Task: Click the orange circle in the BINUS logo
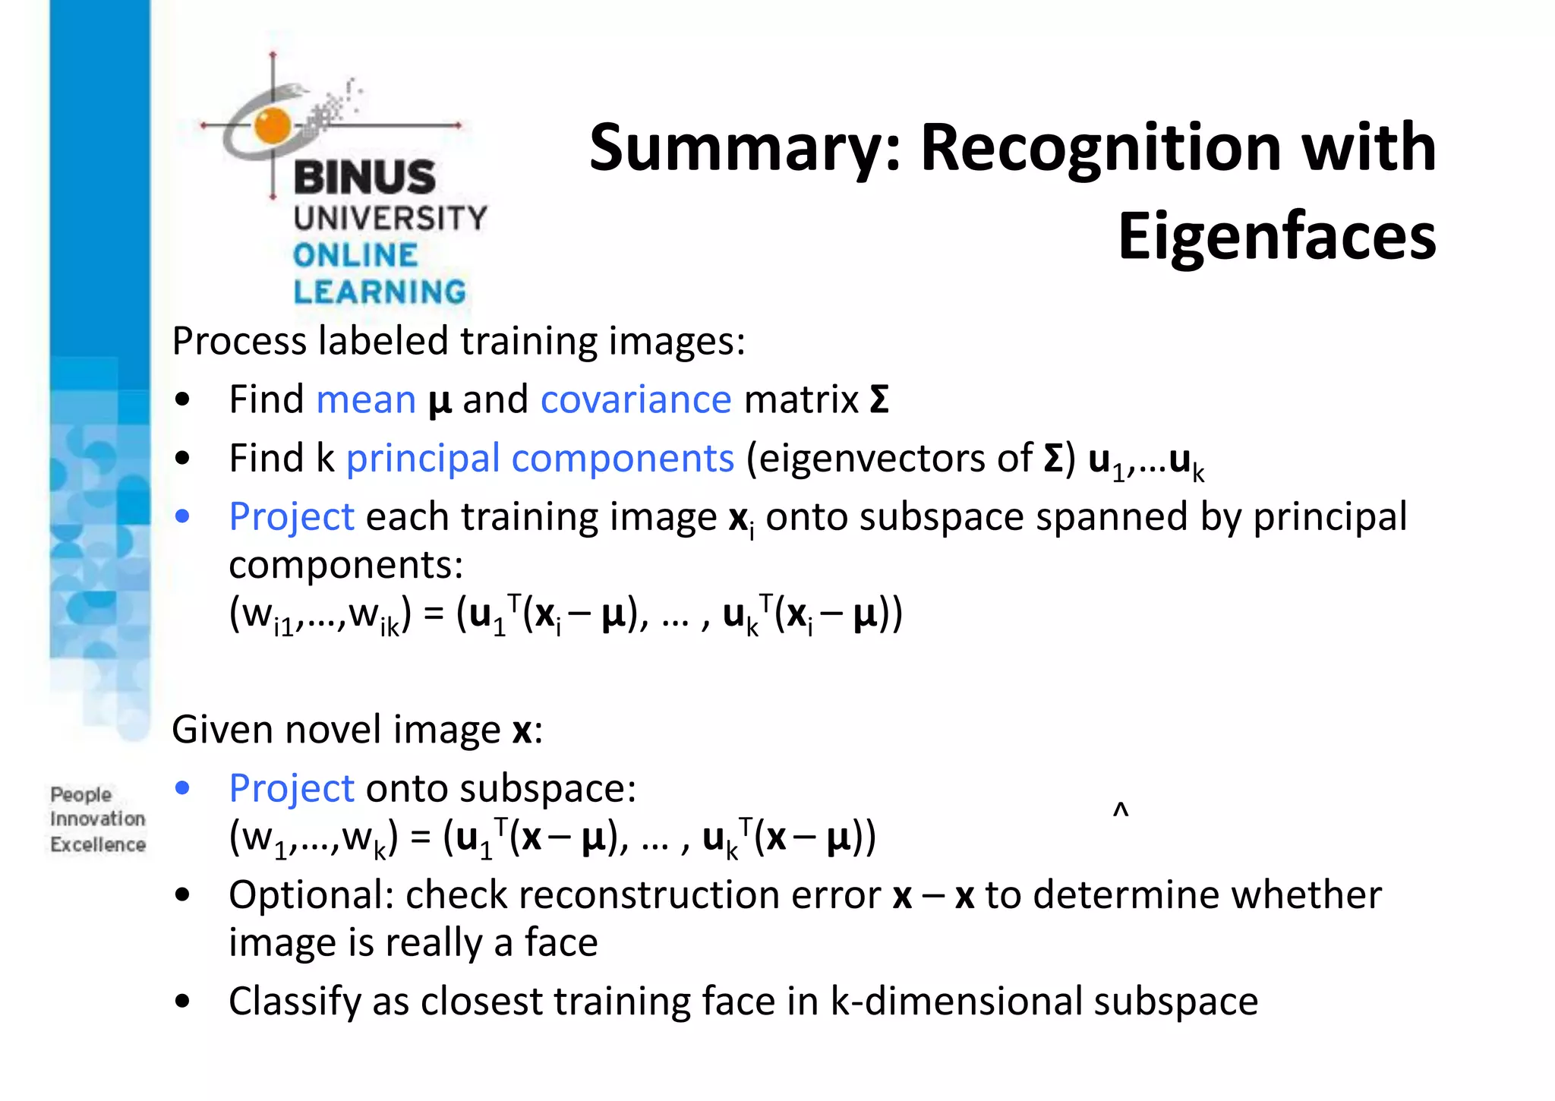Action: pyautogui.click(x=273, y=126)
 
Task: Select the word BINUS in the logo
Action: pyautogui.click(x=364, y=178)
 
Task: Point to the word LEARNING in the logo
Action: pyautogui.click(x=380, y=292)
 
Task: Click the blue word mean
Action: pyautogui.click(x=366, y=399)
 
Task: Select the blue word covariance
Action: pyautogui.click(x=636, y=399)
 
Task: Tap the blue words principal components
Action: pyautogui.click(x=540, y=459)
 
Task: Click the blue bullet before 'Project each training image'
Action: pyautogui.click(x=182, y=517)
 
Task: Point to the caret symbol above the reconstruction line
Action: pyautogui.click(x=1121, y=810)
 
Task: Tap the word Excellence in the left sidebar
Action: pyautogui.click(x=98, y=844)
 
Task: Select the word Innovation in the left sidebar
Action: pyautogui.click(x=98, y=819)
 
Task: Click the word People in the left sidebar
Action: pyautogui.click(x=81, y=794)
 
